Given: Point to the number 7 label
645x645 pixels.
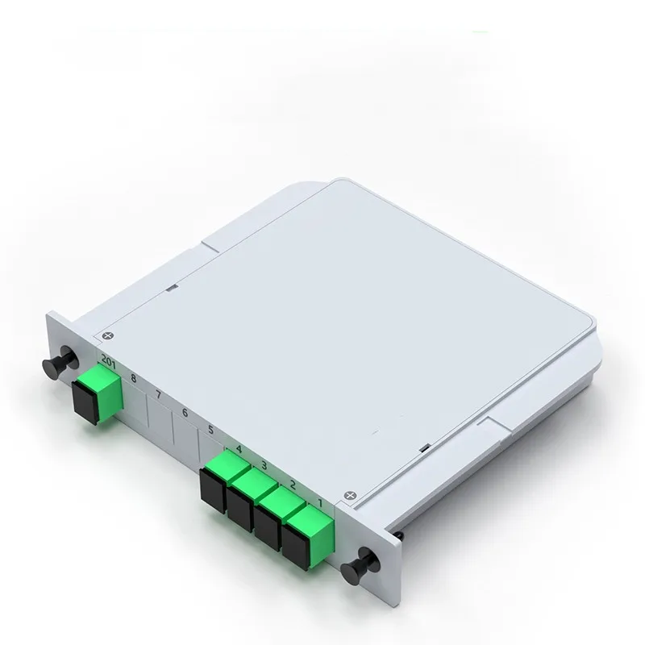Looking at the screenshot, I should click(x=159, y=395).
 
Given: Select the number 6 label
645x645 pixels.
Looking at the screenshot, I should click(x=185, y=412).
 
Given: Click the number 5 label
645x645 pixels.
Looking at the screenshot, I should click(x=210, y=430).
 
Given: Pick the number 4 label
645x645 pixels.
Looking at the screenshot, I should click(x=239, y=448).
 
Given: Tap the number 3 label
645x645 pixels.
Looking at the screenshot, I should click(x=264, y=465).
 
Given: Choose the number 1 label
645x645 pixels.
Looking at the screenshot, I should click(x=321, y=503).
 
